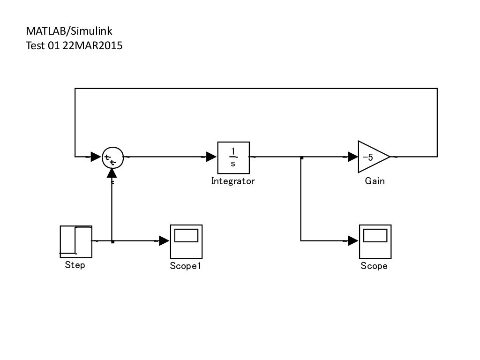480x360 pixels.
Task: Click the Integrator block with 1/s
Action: point(233,157)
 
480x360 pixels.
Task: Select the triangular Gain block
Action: point(372,157)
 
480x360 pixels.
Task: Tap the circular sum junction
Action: point(112,157)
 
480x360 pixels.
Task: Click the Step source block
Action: point(76,241)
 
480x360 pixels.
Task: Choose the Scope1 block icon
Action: point(186,241)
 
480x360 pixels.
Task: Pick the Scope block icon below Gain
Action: point(375,241)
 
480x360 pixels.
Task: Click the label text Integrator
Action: point(233,181)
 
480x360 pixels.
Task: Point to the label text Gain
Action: point(375,181)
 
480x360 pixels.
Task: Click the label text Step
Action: point(75,265)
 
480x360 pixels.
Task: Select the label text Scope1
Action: point(186,266)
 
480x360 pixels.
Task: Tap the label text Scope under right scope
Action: point(374,266)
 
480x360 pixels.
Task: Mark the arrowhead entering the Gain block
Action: point(353,157)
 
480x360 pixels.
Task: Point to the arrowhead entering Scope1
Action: point(165,241)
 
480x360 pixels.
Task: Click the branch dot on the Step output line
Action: point(112,242)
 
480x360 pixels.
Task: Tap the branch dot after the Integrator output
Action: point(302,158)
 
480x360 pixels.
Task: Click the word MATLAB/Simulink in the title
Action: point(69,31)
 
